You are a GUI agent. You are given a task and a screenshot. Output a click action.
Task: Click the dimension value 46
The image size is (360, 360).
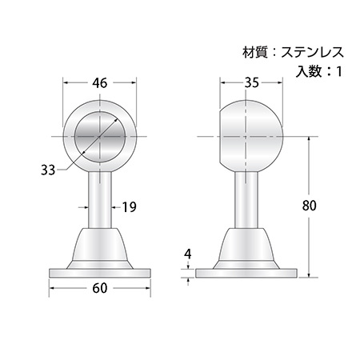[x=100, y=83]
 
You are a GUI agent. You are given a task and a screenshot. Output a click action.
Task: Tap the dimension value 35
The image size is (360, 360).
[x=252, y=83]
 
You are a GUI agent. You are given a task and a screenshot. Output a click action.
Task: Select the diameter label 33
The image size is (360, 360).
[x=48, y=170]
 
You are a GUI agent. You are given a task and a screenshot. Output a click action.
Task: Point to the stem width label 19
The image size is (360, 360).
[x=130, y=207]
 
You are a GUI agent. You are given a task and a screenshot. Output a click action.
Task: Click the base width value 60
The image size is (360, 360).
[x=100, y=288]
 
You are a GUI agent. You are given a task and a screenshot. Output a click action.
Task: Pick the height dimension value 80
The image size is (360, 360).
[x=310, y=206]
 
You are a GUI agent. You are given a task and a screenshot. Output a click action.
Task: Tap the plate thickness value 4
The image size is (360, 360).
[x=188, y=254]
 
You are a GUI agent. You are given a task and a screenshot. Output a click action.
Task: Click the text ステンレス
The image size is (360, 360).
[x=312, y=52]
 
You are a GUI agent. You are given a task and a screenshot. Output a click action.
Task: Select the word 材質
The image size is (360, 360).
[x=255, y=52]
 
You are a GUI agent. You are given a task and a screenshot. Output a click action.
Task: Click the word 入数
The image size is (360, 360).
[x=309, y=71]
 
